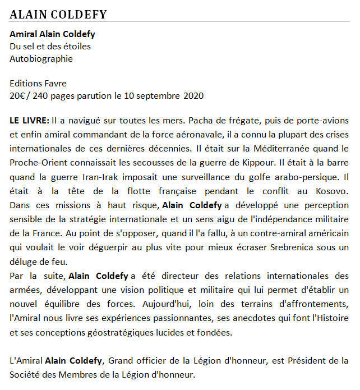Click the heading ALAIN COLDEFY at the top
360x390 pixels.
tap(58, 15)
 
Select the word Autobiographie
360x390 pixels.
tap(41, 58)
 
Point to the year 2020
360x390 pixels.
tap(193, 95)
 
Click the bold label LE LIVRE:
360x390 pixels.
tap(29, 121)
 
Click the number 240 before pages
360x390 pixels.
tap(40, 95)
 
